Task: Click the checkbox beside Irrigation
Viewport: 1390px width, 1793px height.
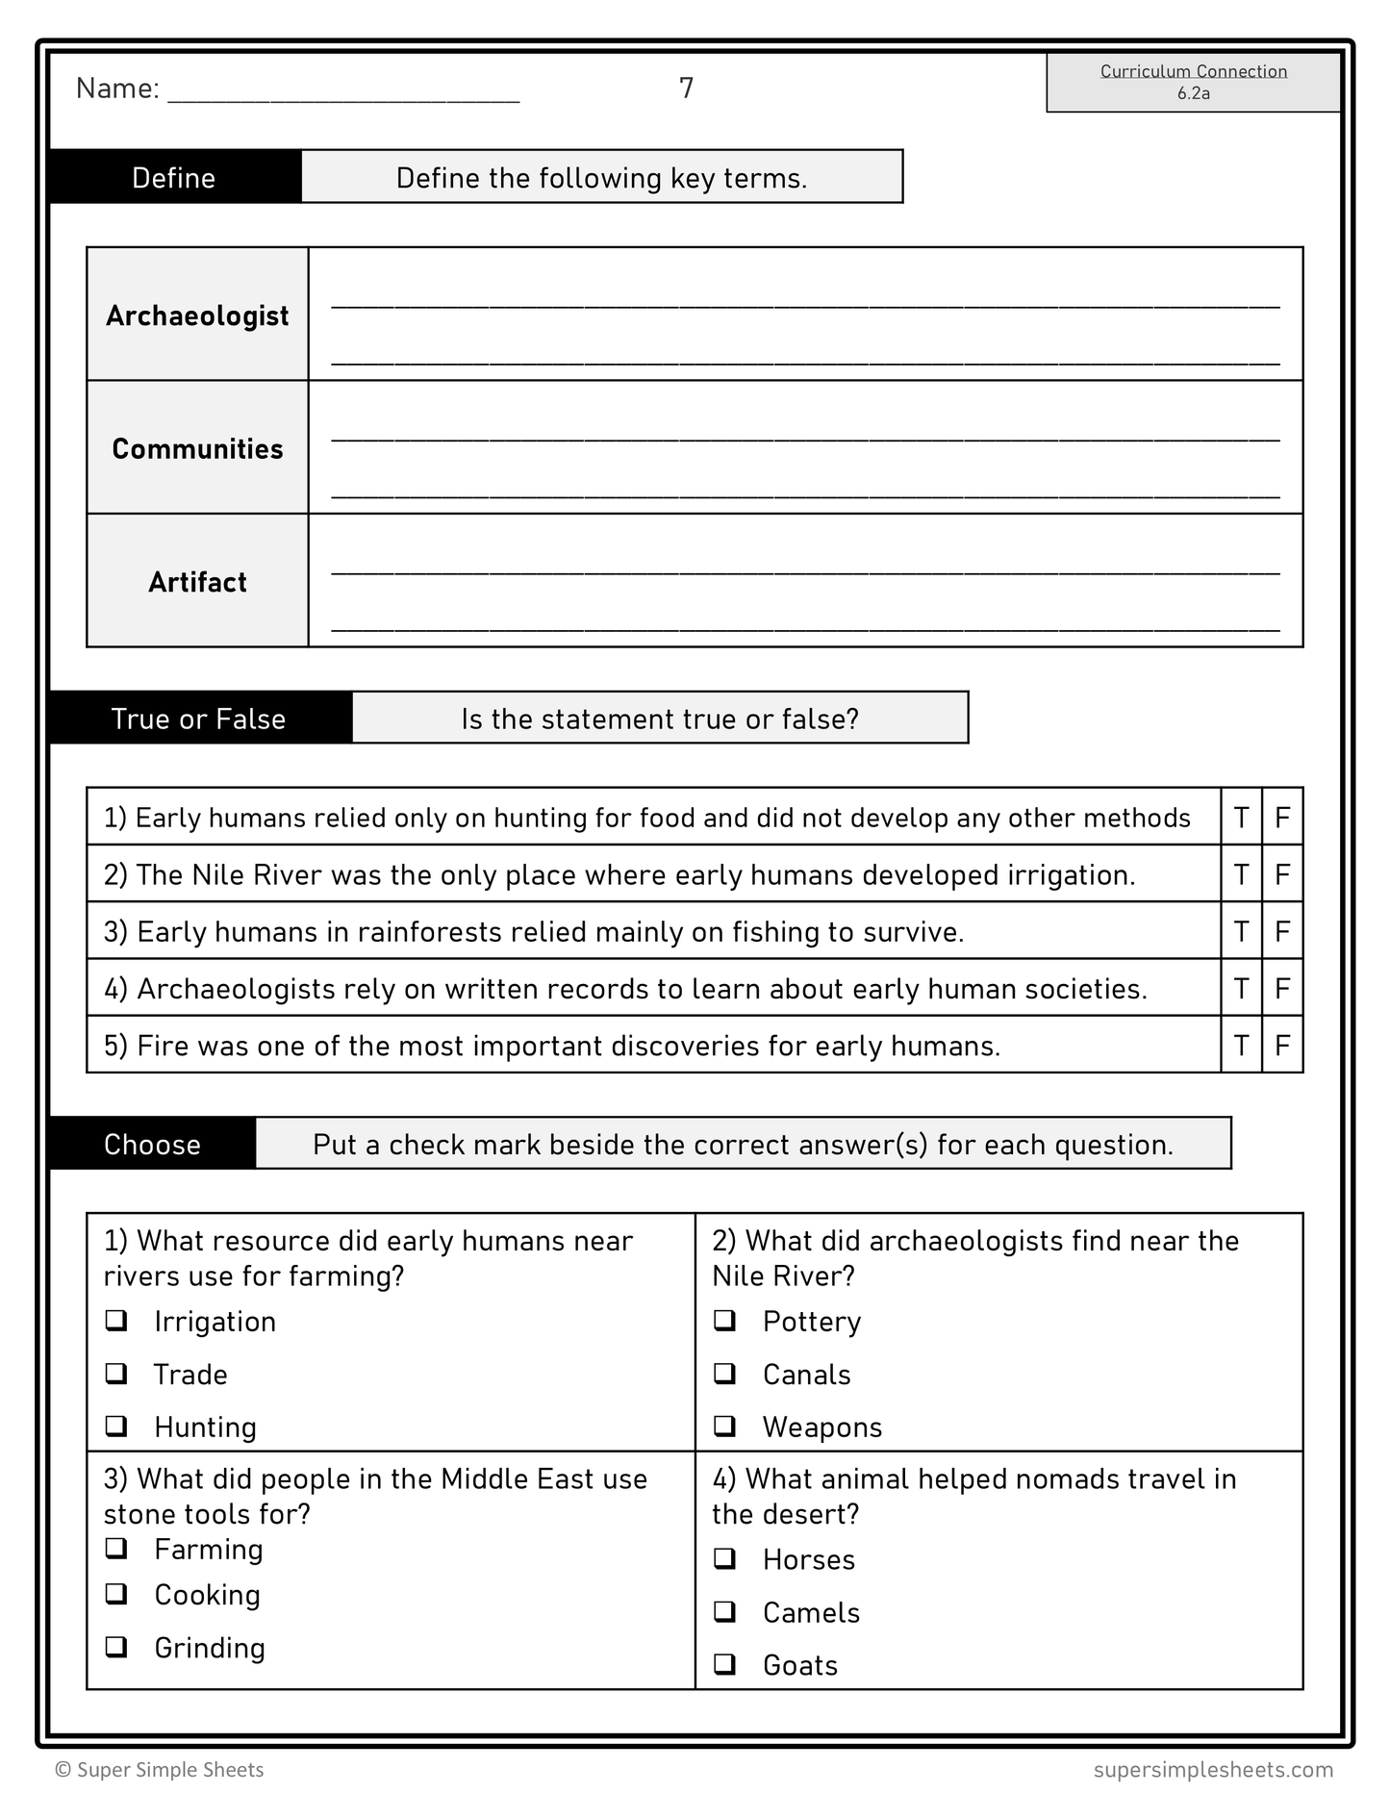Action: point(116,1320)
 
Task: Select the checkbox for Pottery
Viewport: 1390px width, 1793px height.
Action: point(725,1320)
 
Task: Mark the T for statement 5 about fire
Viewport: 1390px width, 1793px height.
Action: point(1241,1046)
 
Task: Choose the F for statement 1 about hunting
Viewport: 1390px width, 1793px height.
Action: point(1282,818)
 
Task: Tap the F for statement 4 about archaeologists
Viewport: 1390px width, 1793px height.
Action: point(1282,989)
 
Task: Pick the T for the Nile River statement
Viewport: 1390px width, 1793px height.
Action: point(1241,874)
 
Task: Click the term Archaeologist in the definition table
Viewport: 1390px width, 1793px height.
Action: point(197,316)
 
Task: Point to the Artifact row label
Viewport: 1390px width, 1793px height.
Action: point(197,582)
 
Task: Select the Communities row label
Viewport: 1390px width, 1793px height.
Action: point(197,449)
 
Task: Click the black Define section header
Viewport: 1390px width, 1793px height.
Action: point(174,178)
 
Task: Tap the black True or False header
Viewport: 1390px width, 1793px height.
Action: point(199,719)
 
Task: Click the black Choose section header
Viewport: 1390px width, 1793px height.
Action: point(152,1144)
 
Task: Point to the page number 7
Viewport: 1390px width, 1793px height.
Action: point(686,88)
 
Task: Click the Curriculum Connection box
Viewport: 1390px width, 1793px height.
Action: point(1193,82)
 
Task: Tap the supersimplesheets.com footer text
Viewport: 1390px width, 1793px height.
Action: point(1213,1769)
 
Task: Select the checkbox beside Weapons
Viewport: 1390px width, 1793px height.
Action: point(725,1426)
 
